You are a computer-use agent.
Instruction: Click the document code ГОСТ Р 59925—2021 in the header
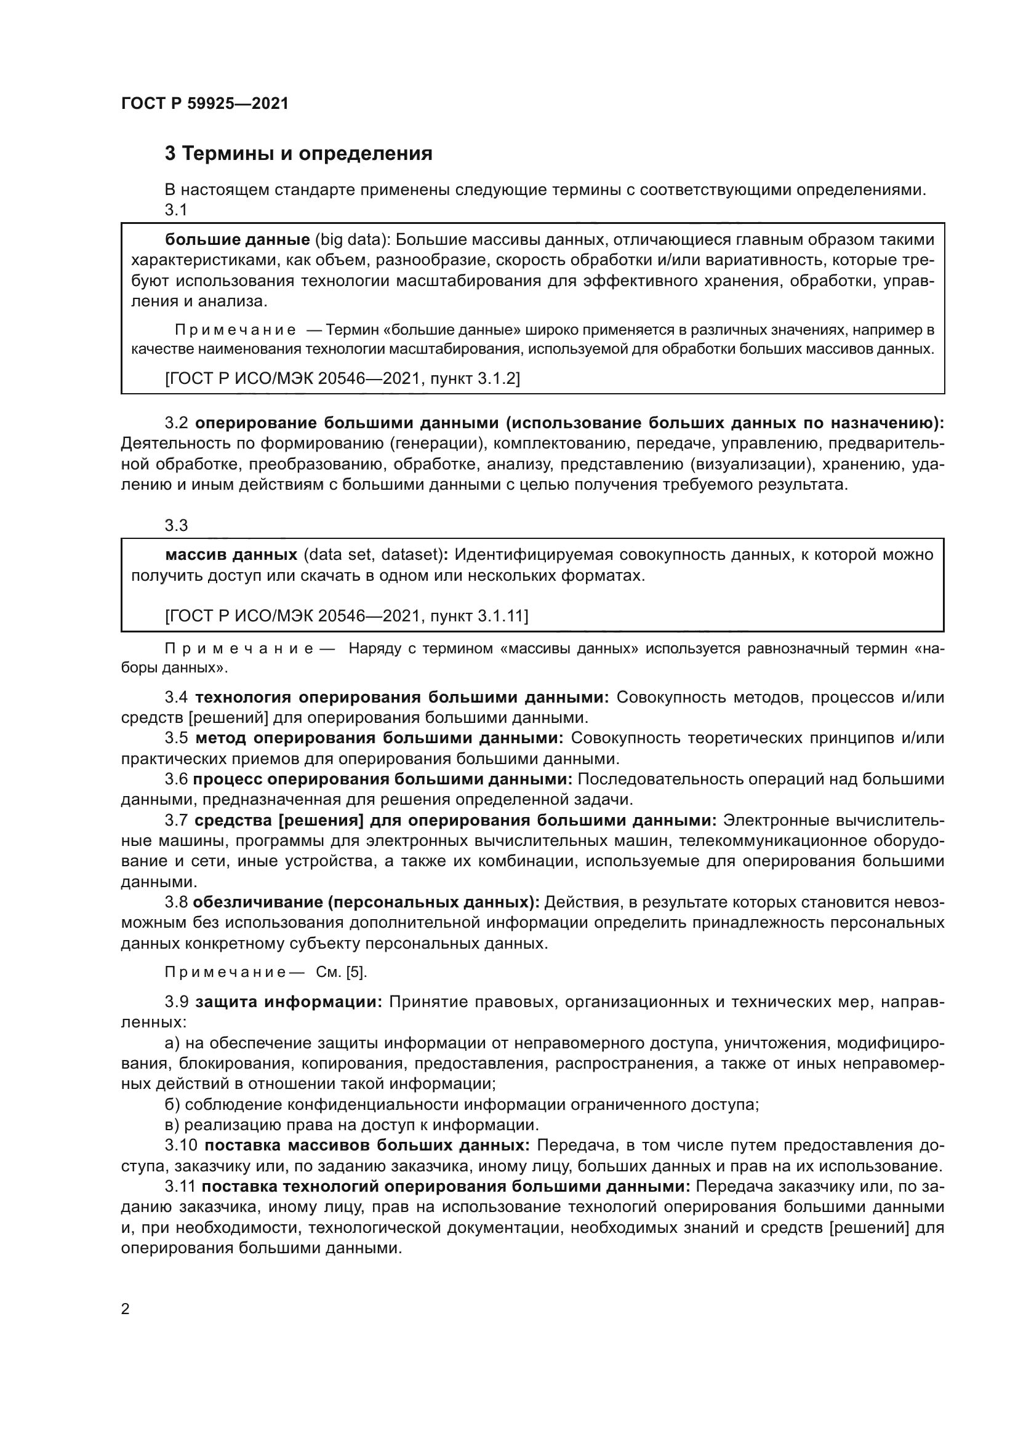click(204, 104)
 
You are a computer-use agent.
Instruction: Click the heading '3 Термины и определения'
click(299, 154)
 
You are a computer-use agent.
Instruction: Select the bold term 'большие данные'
click(238, 239)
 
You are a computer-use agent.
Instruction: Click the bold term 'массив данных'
click(231, 555)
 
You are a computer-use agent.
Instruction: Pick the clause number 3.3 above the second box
click(176, 525)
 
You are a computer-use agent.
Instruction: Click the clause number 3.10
click(180, 1146)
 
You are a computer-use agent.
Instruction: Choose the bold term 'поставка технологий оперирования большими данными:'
click(446, 1186)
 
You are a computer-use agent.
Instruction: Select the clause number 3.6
click(176, 779)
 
